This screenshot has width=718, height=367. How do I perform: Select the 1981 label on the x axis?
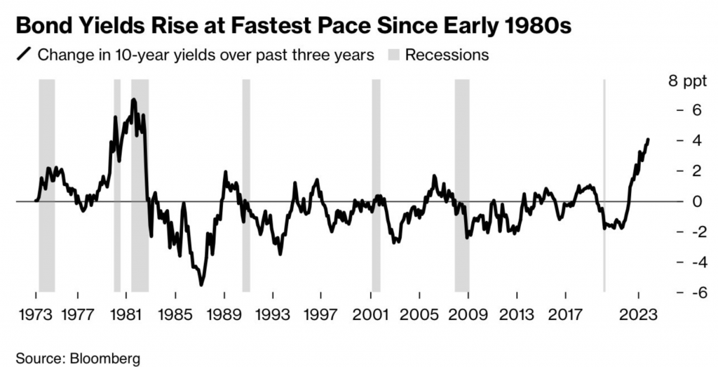pos(126,314)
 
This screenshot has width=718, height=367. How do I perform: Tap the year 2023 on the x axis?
pos(639,314)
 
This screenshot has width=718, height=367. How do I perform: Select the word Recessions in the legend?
pos(447,54)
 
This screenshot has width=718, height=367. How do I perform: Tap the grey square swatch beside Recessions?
pos(392,54)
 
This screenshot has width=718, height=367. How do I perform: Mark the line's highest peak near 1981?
pos(133,100)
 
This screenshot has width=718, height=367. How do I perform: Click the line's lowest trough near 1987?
pos(202,284)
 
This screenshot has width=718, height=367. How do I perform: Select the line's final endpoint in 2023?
pos(648,139)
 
